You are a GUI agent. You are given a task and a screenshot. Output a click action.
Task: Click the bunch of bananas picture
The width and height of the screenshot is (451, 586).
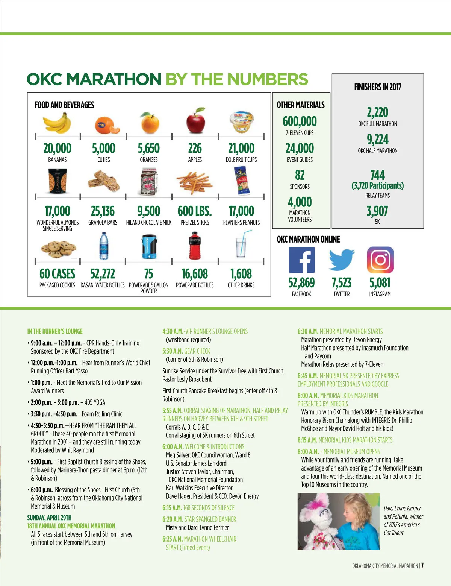pyautogui.click(x=57, y=123)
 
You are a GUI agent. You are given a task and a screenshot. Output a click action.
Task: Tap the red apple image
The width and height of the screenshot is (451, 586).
pyautogui.click(x=195, y=121)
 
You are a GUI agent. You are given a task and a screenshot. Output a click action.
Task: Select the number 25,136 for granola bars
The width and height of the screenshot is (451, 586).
pyautogui.click(x=103, y=211)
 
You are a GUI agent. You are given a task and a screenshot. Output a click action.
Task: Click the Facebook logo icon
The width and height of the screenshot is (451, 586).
pyautogui.click(x=301, y=260)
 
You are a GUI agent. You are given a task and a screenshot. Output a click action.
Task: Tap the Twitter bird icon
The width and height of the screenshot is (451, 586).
pyautogui.click(x=341, y=260)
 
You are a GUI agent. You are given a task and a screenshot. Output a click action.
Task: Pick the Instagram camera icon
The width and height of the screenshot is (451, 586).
pyautogui.click(x=380, y=260)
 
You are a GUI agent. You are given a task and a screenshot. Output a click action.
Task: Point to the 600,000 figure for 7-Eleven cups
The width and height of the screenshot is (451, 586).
pyautogui.click(x=300, y=121)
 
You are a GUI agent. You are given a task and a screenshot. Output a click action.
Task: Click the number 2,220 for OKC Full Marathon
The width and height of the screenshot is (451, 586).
pyautogui.click(x=377, y=112)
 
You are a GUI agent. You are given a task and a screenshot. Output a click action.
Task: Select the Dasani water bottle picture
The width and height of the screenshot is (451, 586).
pyautogui.click(x=103, y=246)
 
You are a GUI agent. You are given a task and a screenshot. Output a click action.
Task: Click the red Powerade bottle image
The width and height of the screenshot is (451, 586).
pyautogui.click(x=194, y=246)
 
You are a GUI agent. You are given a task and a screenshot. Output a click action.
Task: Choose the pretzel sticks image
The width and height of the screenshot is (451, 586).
pyautogui.click(x=194, y=182)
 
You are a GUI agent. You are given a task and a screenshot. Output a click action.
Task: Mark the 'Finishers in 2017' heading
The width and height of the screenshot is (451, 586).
pyautogui.click(x=377, y=87)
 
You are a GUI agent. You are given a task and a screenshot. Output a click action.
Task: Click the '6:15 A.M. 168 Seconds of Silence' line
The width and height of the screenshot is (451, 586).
pyautogui.click(x=198, y=508)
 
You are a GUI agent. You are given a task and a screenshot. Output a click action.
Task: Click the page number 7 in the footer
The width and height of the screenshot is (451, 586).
pyautogui.click(x=423, y=565)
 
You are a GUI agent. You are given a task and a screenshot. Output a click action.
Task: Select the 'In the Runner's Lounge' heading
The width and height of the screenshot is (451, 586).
pyautogui.click(x=55, y=331)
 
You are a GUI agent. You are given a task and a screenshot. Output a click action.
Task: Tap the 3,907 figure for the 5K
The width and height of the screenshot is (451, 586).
pyautogui.click(x=377, y=211)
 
